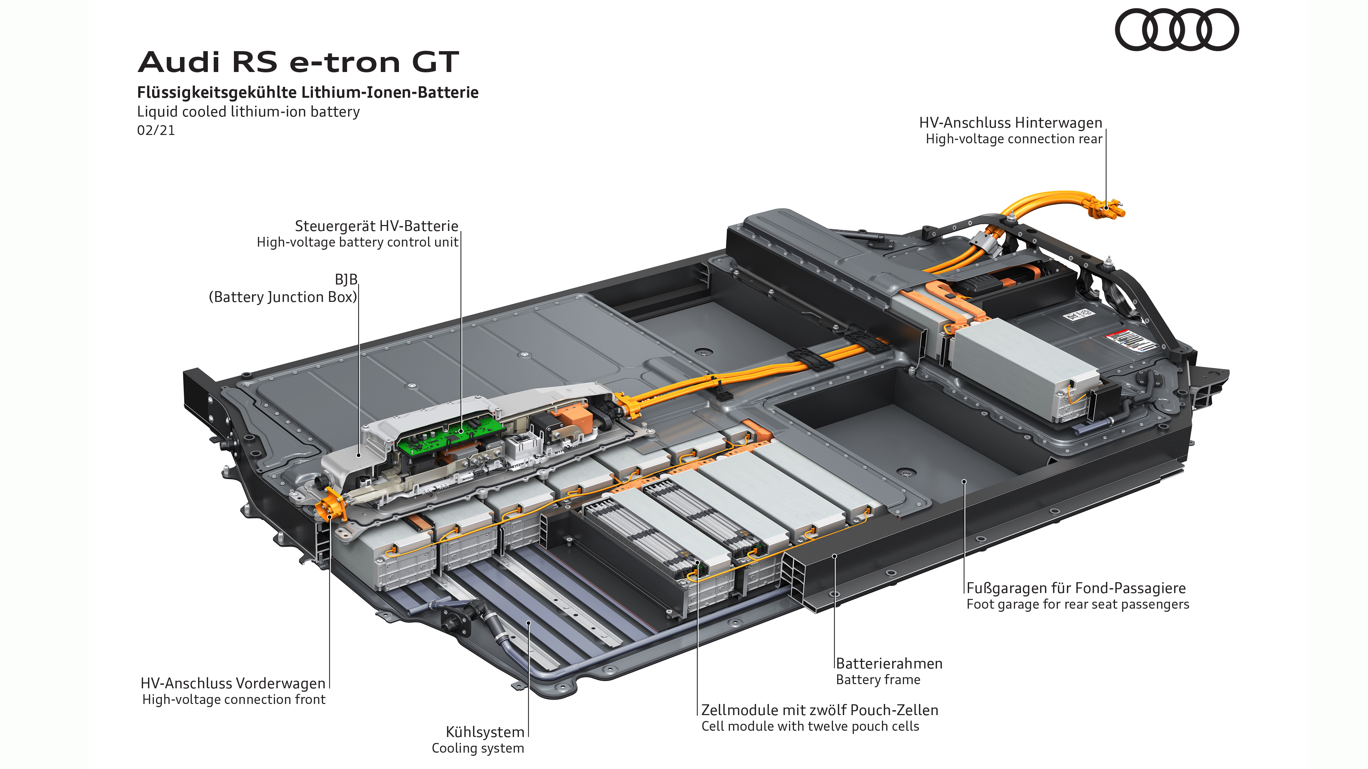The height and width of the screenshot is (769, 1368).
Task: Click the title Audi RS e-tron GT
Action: (x=298, y=62)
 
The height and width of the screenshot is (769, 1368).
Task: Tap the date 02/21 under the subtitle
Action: (x=156, y=130)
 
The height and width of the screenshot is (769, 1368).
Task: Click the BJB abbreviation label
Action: (x=346, y=280)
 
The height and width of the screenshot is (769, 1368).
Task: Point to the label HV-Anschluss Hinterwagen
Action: (x=1010, y=122)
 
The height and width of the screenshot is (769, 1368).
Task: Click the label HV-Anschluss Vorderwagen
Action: (x=233, y=683)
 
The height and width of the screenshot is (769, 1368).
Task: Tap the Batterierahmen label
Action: (x=889, y=663)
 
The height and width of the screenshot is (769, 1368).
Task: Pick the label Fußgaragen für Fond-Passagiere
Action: (x=1076, y=588)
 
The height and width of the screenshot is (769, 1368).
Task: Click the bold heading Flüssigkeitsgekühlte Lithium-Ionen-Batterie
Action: (x=307, y=93)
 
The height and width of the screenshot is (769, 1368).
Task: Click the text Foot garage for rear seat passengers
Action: (x=1077, y=604)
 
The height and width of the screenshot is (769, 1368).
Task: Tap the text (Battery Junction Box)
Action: (x=283, y=297)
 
